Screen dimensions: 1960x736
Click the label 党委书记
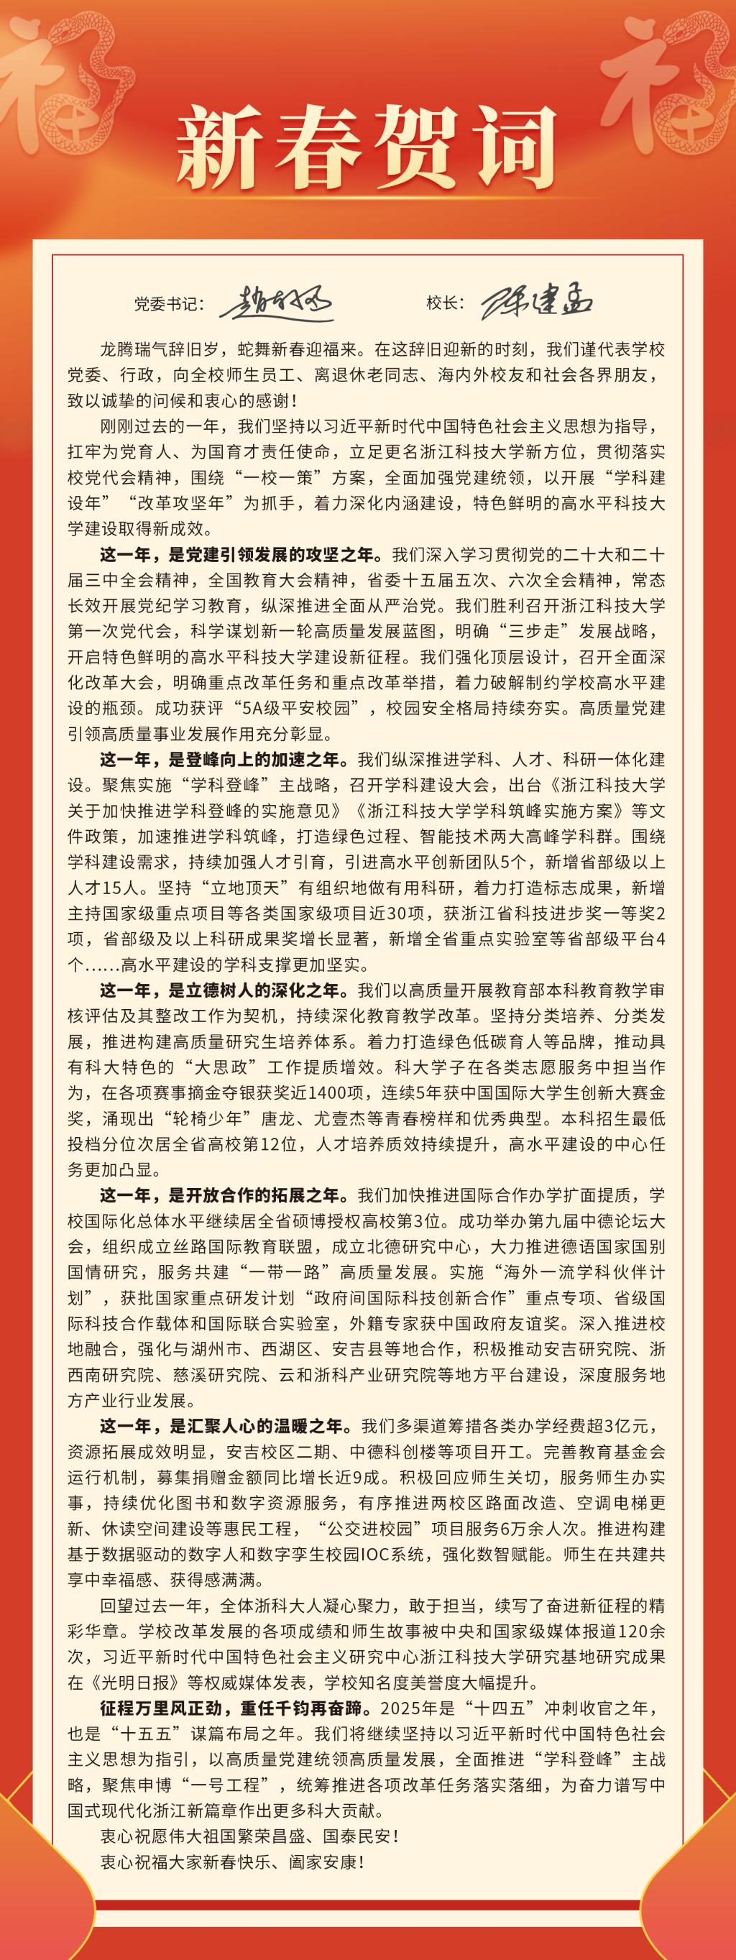tap(169, 303)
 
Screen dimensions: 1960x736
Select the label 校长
tap(444, 303)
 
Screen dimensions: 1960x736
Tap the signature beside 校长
tap(538, 303)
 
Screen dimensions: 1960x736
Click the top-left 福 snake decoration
tap(50, 83)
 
